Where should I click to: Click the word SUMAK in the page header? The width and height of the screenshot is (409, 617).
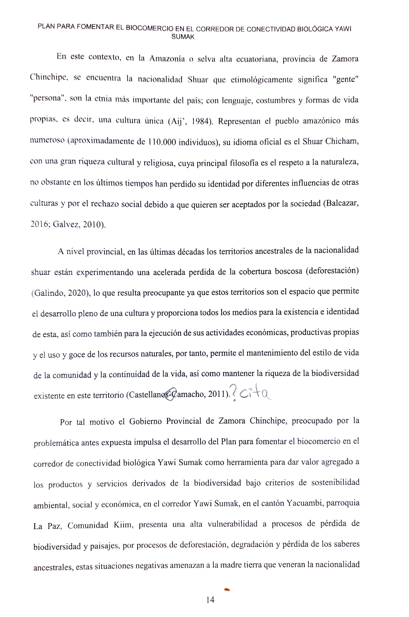[x=183, y=37]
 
